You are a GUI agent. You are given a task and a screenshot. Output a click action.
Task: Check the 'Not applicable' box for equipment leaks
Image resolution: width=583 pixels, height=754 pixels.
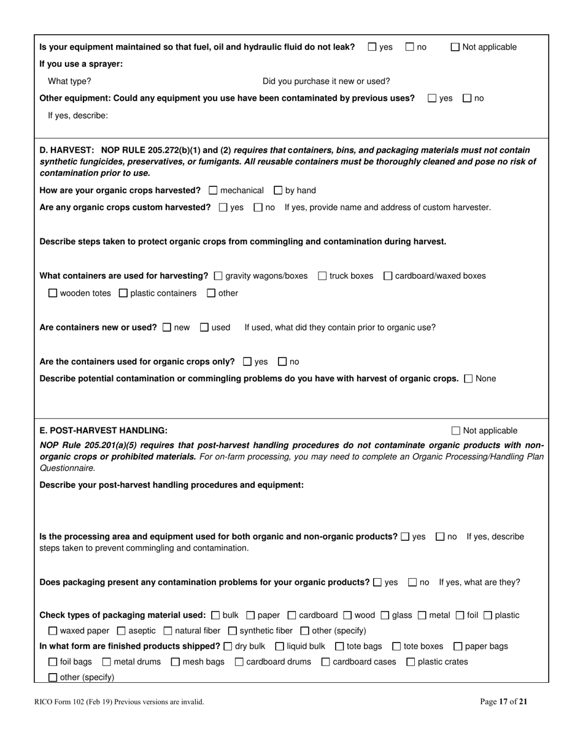[455, 47]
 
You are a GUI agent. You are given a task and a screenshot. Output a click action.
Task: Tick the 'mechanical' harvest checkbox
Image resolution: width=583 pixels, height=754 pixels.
[213, 191]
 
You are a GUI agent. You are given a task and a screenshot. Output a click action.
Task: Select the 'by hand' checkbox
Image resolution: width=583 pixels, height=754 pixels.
[278, 191]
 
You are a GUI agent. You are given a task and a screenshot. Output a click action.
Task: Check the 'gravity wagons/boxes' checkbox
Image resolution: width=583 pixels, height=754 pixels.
[218, 276]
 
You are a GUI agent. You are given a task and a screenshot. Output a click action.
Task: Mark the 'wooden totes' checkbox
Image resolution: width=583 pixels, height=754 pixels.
[53, 294]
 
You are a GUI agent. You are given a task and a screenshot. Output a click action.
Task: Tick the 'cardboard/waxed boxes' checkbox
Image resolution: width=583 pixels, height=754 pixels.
[388, 276]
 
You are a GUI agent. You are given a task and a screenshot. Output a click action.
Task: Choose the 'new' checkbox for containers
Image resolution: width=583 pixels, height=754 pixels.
[167, 327]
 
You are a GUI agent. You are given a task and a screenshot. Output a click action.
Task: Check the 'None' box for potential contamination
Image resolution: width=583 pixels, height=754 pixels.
[469, 379]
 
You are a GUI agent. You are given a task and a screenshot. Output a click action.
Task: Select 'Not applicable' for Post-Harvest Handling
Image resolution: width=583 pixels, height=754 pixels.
[456, 431]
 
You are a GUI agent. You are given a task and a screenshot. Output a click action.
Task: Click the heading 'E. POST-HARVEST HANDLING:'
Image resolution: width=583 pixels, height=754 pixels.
[103, 431]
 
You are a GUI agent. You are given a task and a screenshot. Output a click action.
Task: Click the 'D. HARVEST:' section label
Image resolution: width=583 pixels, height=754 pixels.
[66, 150]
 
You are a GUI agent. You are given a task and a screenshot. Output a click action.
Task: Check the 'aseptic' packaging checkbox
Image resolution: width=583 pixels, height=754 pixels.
[121, 631]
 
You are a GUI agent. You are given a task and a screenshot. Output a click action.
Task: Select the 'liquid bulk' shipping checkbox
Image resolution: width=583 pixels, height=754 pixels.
[280, 646]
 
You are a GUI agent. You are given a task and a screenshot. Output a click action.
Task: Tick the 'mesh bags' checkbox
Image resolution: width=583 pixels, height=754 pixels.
[176, 662]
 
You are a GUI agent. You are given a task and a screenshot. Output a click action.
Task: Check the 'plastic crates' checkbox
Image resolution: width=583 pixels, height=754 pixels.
[411, 662]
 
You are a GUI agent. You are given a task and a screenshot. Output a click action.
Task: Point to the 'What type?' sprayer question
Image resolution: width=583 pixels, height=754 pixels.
[69, 82]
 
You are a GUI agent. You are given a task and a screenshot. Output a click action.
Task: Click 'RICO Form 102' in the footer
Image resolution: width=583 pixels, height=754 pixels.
[61, 702]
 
